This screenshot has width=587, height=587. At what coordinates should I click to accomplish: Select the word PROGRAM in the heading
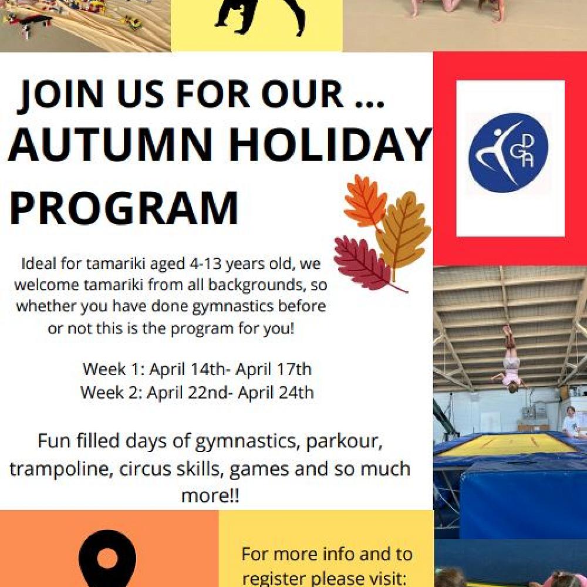click(x=124, y=208)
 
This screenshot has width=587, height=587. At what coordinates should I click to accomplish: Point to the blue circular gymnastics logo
click(x=508, y=153)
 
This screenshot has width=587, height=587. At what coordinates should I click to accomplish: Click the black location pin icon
click(x=107, y=561)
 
